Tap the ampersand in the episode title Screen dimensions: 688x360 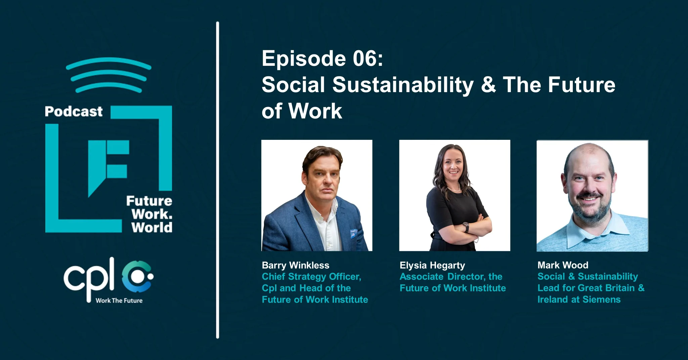click(488, 85)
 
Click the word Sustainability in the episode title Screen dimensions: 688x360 click(403, 85)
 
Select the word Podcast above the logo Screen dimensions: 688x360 click(74, 112)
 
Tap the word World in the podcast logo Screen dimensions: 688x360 click(152, 228)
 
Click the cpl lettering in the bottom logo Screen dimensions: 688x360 click(89, 279)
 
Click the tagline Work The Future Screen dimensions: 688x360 click(119, 301)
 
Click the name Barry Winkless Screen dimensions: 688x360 click(296, 265)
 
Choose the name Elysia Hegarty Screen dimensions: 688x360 click(432, 266)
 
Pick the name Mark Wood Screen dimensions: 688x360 click(563, 265)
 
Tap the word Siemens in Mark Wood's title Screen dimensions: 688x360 click(602, 299)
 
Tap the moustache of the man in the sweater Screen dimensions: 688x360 click(590, 195)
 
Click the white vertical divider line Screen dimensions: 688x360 click(217, 180)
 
